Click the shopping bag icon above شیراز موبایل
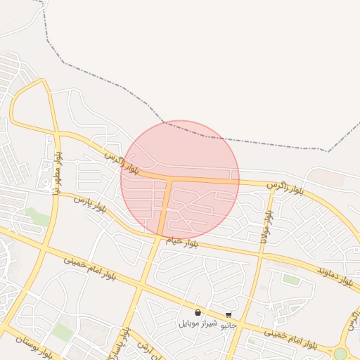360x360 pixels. [198, 313]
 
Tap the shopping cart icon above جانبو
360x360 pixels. [229, 316]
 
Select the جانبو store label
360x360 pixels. [229, 326]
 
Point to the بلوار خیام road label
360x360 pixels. [181, 242]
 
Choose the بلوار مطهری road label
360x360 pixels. [56, 172]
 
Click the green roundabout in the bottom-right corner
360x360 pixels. [340, 354]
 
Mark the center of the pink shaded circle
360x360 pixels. [180, 179]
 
